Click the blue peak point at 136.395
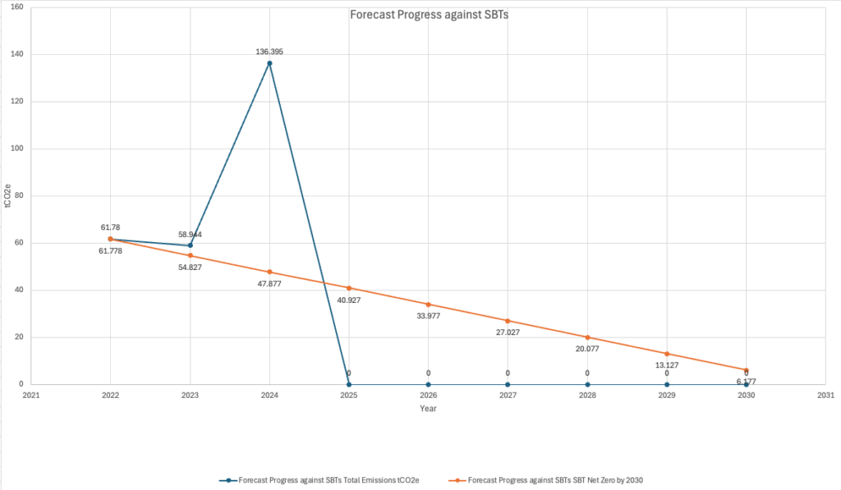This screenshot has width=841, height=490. pos(269,63)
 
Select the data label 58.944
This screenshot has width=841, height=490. pos(190,235)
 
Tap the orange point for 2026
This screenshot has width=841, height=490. pos(428,305)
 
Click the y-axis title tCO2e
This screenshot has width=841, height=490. pos(7,197)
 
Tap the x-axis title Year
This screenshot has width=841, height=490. pos(428,408)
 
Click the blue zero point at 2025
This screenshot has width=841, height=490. pos(349,384)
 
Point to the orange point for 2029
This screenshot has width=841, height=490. pos(667,354)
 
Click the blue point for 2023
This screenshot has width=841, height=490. pos(190,245)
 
